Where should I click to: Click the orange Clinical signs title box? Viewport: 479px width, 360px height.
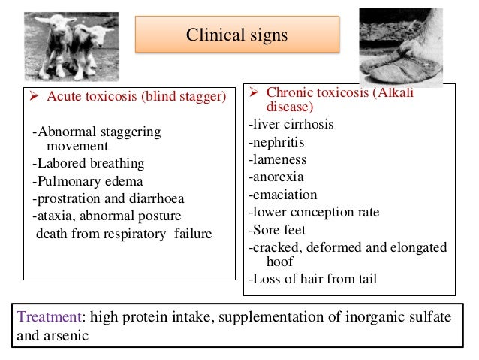point(236,35)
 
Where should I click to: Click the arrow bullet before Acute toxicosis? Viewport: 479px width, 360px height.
point(34,96)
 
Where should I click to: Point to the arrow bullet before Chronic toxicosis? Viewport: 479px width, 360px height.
point(255,92)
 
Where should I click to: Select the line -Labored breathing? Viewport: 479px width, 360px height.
point(89,163)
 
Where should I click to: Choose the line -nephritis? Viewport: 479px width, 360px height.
point(278,142)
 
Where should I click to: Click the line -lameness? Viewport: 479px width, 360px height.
point(278,159)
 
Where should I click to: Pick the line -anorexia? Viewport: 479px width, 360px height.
point(277,177)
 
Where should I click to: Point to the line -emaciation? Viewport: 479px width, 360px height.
point(282,195)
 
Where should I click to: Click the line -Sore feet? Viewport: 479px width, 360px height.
point(277,230)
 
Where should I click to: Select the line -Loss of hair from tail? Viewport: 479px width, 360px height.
point(312,280)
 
